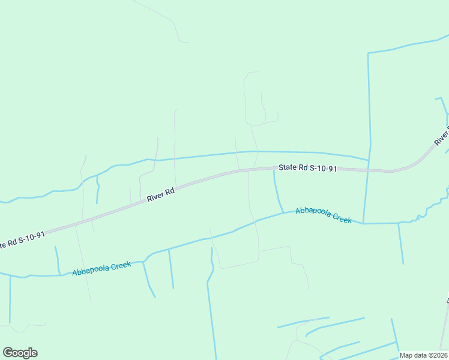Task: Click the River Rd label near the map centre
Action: (161, 194)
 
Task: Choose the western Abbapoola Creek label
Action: (101, 268)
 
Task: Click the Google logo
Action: (20, 353)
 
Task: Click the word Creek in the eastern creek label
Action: (342, 218)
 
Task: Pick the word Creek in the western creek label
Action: (120, 265)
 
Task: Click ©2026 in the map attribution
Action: (437, 355)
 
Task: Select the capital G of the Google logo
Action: (8, 353)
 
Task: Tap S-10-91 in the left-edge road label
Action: (31, 236)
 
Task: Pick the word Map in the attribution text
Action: (406, 355)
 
